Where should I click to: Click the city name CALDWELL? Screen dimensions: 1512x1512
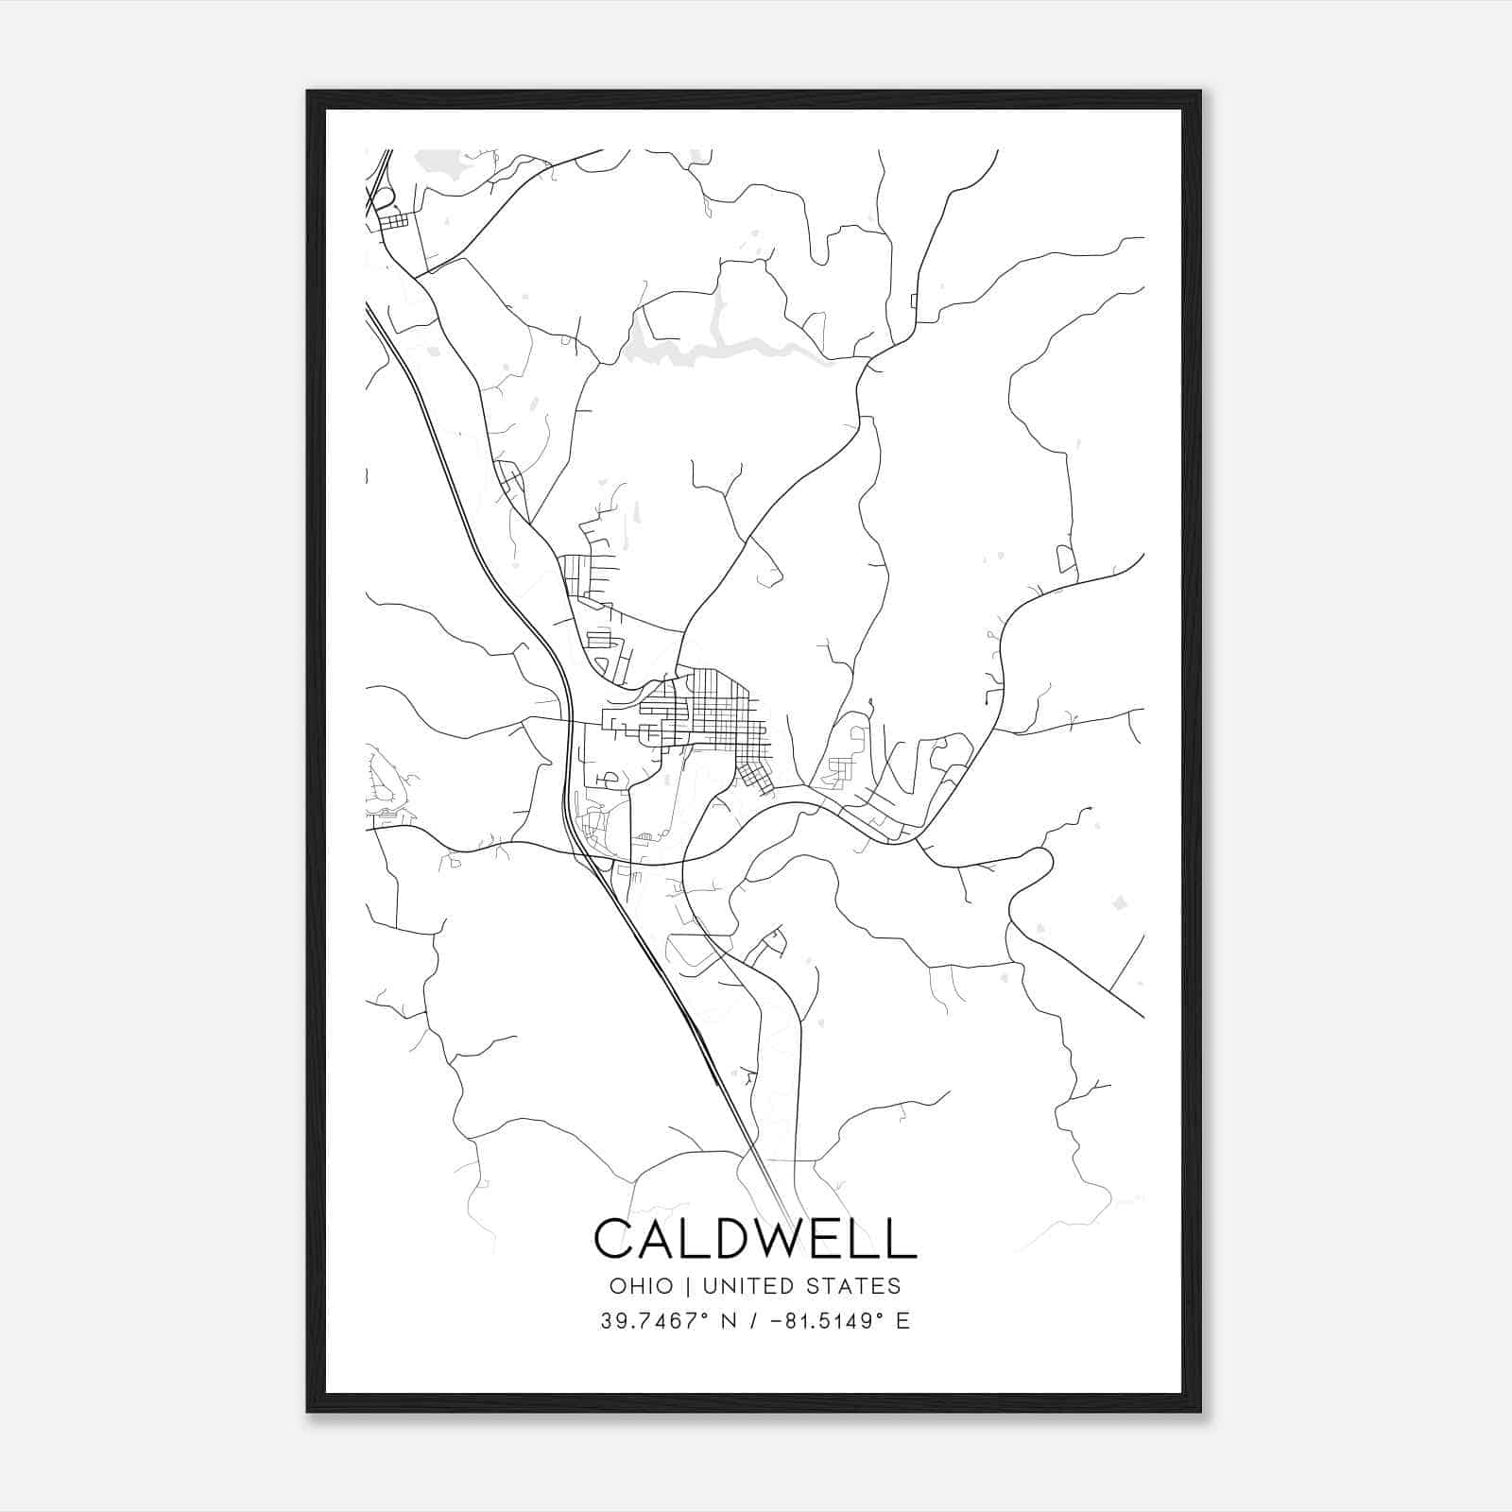coord(755,1238)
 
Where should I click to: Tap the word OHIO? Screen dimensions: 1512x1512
coord(642,1286)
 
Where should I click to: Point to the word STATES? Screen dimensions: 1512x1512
coord(854,1286)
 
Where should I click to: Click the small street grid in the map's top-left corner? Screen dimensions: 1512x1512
coord(393,220)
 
